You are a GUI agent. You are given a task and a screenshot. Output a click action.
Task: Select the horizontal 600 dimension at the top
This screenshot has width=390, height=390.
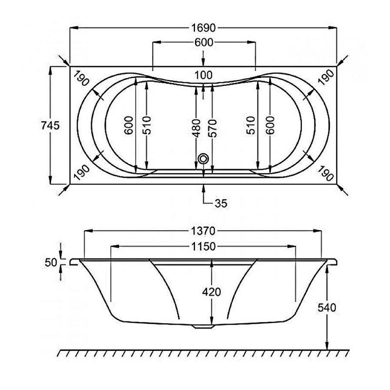click(203, 43)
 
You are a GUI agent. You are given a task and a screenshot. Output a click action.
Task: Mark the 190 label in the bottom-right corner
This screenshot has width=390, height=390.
click(326, 172)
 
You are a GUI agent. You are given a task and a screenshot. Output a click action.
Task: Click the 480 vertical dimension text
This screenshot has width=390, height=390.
click(196, 128)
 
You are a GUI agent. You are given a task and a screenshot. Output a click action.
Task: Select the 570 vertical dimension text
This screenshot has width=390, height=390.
click(212, 128)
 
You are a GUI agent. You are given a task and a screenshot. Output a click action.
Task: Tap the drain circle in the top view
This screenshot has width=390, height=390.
click(203, 158)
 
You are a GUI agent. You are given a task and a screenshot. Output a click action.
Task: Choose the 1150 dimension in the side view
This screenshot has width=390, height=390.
click(203, 247)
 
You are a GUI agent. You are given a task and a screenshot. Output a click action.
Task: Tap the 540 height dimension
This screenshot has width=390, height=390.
click(327, 307)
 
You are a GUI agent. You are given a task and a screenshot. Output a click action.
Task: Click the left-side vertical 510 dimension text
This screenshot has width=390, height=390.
click(147, 125)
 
